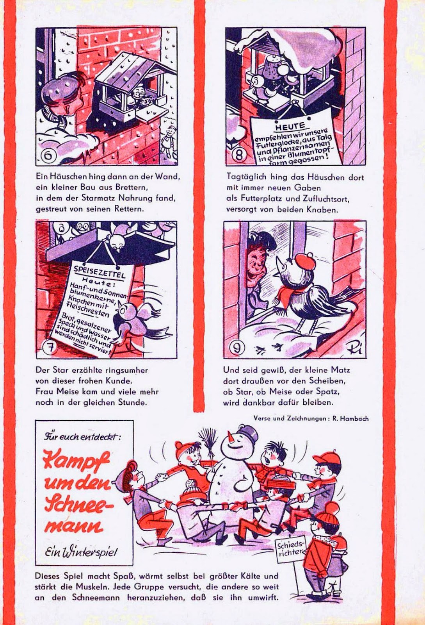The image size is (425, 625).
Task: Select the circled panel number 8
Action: [239, 155]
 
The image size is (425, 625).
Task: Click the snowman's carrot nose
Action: [230, 437]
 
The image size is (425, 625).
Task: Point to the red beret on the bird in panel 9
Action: [306, 259]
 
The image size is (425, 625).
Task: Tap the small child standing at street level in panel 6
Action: [169, 141]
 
